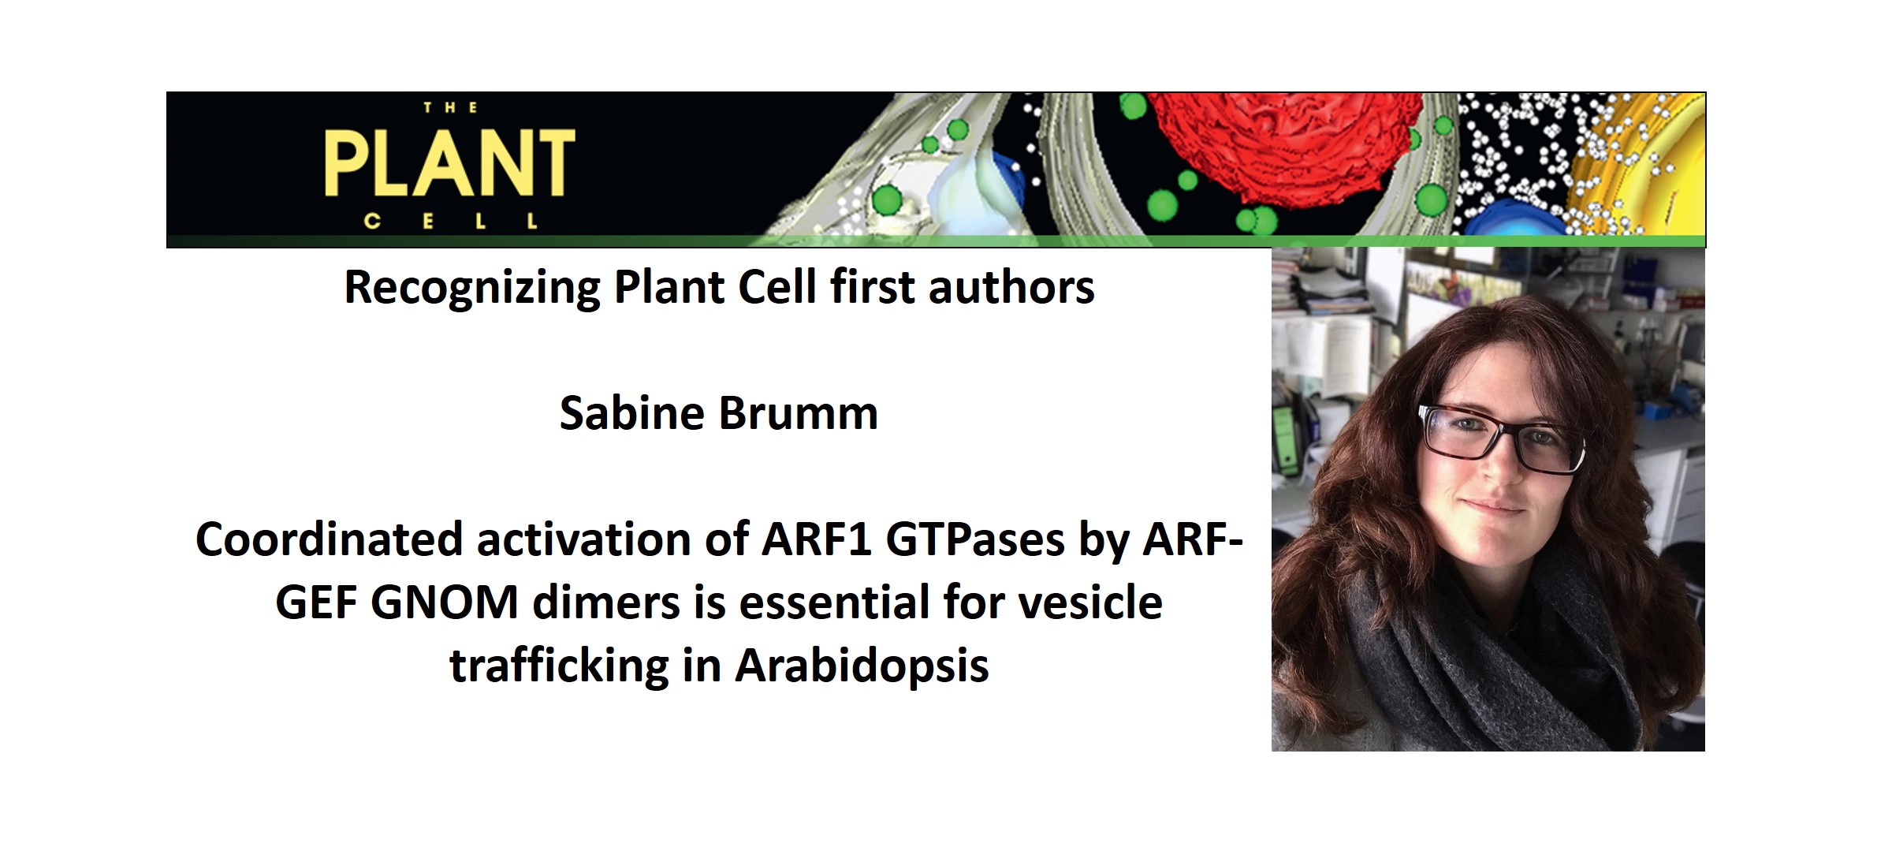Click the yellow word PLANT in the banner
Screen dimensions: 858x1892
(449, 163)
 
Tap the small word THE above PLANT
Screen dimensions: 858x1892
(450, 108)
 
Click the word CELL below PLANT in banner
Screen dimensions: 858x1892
(450, 222)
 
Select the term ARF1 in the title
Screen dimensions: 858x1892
(816, 540)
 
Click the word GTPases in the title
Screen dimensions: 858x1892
(975, 540)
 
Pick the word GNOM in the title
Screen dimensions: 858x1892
(444, 603)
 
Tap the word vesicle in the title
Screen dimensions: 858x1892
(1104, 603)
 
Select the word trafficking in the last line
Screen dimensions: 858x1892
(559, 666)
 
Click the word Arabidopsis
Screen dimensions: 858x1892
(862, 666)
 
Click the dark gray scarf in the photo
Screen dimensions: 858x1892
(1498, 662)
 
